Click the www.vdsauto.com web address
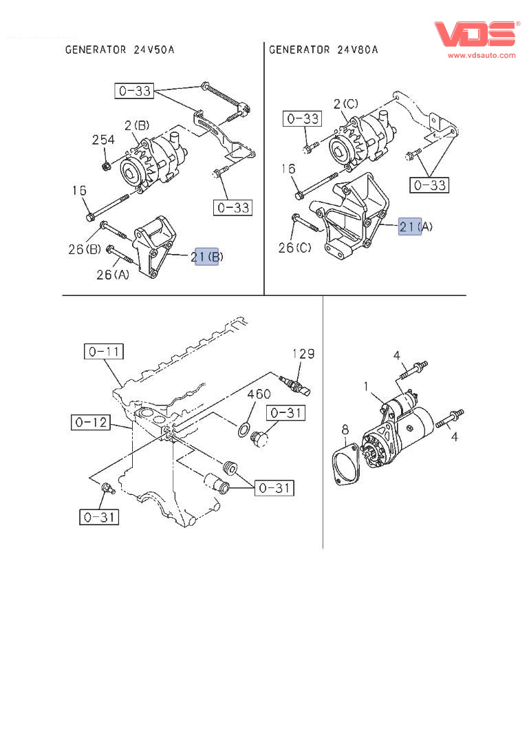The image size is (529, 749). (482, 55)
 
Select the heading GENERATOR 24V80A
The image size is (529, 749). (323, 50)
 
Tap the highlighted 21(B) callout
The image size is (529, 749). (207, 257)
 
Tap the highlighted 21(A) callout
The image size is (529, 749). (410, 226)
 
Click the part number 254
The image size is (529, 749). (103, 140)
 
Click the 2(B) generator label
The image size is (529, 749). (136, 125)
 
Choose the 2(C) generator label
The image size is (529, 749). (345, 104)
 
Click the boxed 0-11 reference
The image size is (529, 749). (104, 352)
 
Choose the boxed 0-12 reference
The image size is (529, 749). (90, 421)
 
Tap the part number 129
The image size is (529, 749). (303, 354)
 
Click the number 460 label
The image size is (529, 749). (259, 394)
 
